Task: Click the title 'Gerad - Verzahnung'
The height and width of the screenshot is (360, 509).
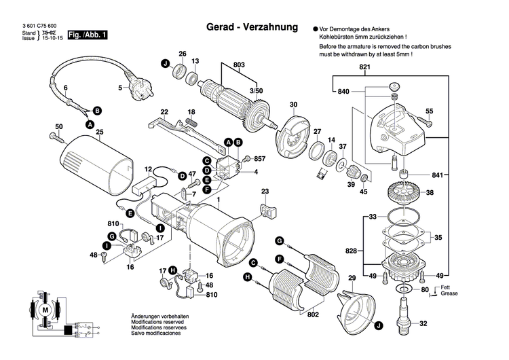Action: [252, 28]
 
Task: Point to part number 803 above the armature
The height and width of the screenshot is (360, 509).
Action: [238, 65]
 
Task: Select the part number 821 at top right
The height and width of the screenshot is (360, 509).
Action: [364, 67]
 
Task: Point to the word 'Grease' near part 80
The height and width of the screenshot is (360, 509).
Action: [449, 293]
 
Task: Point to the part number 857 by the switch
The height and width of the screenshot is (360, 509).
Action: [259, 158]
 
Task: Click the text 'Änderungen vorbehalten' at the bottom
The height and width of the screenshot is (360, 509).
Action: [159, 317]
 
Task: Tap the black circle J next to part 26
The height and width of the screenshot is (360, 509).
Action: [164, 64]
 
